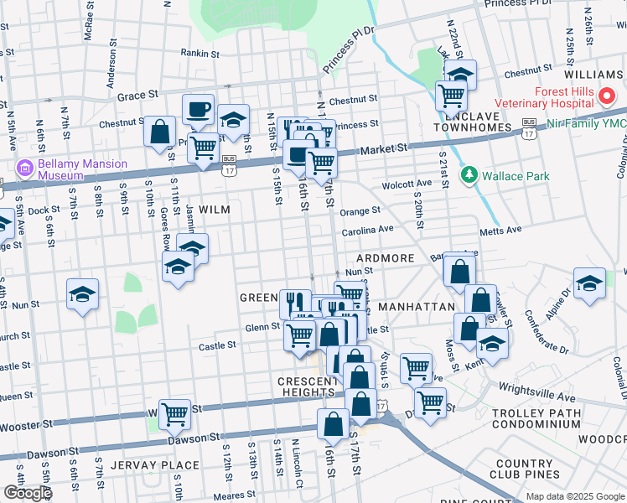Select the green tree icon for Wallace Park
click(469, 175)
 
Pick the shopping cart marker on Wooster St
click(174, 412)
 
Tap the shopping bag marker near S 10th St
click(159, 132)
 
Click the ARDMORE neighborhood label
click(385, 258)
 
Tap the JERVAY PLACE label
click(160, 465)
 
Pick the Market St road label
click(383, 148)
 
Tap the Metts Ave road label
click(500, 230)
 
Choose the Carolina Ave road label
click(367, 229)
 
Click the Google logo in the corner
click(28, 493)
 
